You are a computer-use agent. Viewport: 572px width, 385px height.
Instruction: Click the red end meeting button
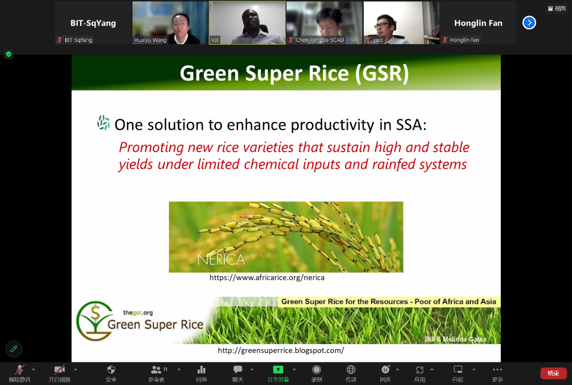point(553,373)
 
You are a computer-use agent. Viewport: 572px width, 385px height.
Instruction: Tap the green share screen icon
point(278,370)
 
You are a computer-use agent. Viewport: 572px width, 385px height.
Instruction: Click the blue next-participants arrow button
point(529,23)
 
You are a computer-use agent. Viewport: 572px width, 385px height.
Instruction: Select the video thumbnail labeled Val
point(247,23)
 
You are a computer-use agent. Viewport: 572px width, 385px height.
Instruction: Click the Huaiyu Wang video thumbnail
point(170,23)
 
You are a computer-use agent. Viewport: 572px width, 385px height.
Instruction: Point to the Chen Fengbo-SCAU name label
point(320,40)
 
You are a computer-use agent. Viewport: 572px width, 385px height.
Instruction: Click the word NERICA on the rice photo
point(221,260)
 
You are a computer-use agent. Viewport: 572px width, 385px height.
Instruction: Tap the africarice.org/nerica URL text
point(267,277)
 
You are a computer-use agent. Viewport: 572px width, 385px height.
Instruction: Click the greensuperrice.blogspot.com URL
point(281,350)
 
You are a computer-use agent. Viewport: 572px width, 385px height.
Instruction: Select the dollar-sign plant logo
point(95,321)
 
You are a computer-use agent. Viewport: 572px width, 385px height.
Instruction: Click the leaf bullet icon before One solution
point(104,122)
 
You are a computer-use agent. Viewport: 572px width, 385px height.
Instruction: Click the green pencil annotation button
point(14,349)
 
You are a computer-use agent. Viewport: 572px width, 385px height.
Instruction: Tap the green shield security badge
point(9,54)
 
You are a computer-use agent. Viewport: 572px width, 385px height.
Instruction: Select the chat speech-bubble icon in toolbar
point(238,370)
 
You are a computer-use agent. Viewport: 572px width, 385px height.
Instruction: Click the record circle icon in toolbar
point(316,370)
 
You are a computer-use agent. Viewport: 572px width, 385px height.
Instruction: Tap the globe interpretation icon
point(351,370)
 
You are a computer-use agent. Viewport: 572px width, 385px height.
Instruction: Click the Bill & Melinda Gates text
point(456,339)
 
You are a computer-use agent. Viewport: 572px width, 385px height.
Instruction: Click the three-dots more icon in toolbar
point(497,370)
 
